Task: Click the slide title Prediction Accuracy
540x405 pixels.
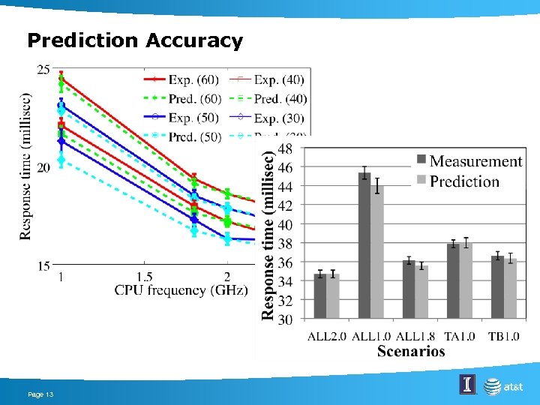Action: click(x=135, y=40)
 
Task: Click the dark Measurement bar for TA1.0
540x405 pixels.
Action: click(x=453, y=281)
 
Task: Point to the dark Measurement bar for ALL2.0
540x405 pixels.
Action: click(x=320, y=296)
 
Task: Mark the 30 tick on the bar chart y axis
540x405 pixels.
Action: click(x=285, y=320)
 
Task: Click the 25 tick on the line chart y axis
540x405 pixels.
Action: click(x=43, y=70)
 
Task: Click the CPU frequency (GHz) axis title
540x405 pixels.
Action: click(x=180, y=290)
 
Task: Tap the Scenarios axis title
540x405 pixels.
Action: click(x=411, y=351)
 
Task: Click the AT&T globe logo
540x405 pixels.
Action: click(x=493, y=386)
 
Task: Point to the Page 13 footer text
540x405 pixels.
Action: click(x=40, y=394)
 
